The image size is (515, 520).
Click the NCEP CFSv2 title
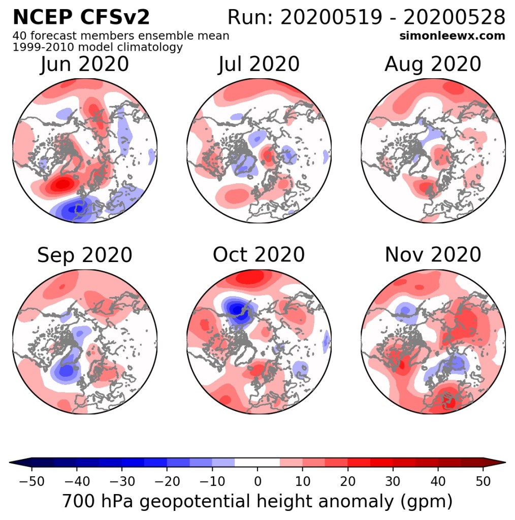click(81, 17)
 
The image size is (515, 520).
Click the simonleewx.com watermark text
click(453, 36)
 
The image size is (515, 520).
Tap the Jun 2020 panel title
click(84, 64)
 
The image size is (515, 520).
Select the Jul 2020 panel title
click(259, 64)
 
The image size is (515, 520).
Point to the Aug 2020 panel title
click(433, 64)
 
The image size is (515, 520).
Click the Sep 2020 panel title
click(84, 255)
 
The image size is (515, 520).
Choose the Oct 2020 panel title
click(259, 255)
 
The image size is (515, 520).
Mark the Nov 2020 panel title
click(433, 255)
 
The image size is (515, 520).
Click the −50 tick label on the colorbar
click(31, 481)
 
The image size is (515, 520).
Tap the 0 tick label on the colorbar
click(257, 481)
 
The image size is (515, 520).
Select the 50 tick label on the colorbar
click(483, 481)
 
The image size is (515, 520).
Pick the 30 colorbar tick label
click(393, 481)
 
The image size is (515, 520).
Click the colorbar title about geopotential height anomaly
click(257, 501)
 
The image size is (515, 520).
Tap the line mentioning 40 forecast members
click(121, 36)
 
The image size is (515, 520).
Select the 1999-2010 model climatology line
click(98, 47)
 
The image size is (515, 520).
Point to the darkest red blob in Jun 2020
click(62, 183)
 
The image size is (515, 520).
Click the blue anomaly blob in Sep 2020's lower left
click(66, 370)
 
